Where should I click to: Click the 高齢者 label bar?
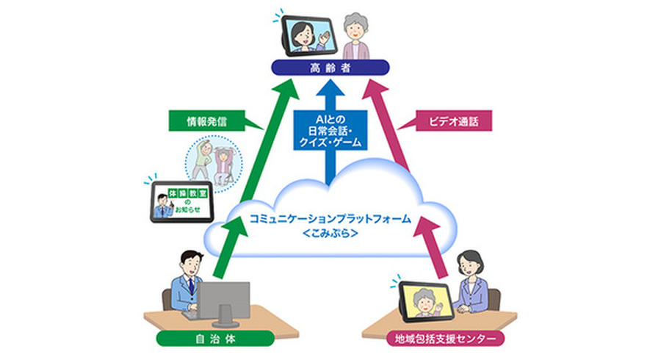tap(329, 68)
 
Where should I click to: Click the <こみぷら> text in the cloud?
tap(330, 234)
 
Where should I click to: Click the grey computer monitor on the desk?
tap(224, 300)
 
